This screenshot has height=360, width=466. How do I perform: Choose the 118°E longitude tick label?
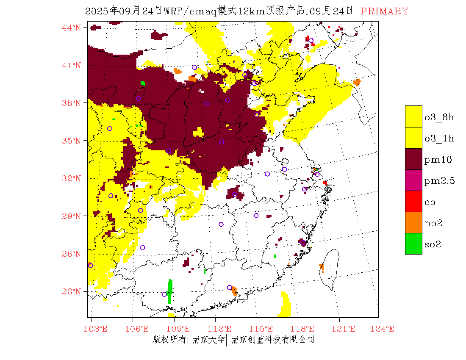pyautogui.click(x=305, y=329)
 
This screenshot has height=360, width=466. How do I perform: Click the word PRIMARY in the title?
pyautogui.click(x=384, y=11)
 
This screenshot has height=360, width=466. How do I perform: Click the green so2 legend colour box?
pyautogui.click(x=413, y=244)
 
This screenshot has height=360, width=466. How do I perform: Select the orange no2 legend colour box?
pyautogui.click(x=413, y=223)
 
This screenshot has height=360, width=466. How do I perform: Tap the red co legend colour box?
pyautogui.click(x=413, y=202)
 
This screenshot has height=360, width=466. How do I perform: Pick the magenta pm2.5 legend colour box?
pyautogui.click(x=413, y=180)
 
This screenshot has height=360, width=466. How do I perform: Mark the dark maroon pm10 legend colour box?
pyautogui.click(x=413, y=159)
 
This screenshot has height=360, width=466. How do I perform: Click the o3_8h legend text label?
pyautogui.click(x=439, y=117)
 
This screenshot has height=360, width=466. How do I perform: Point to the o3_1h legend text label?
pyautogui.click(x=439, y=138)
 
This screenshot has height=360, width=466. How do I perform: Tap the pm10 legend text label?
pyautogui.click(x=438, y=160)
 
